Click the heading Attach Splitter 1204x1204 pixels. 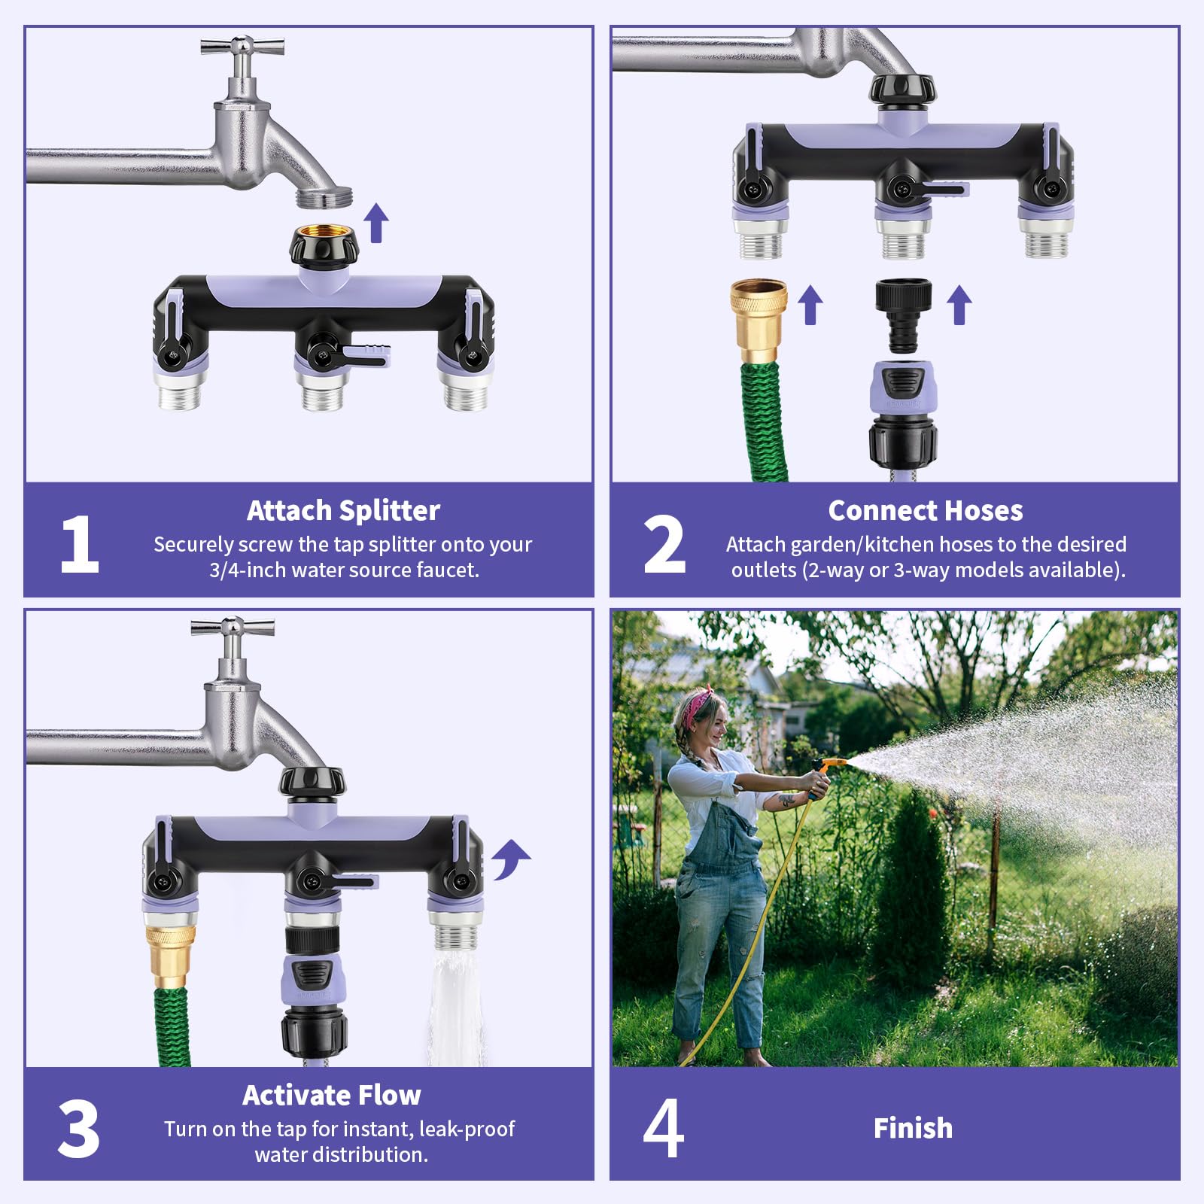[343, 511]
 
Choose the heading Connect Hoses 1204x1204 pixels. [926, 511]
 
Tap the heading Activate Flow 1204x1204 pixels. [332, 1095]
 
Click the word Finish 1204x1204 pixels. [913, 1128]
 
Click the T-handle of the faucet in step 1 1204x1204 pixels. [242, 47]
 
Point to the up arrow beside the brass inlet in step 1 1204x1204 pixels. [376, 223]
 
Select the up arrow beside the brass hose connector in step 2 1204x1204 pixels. [810, 305]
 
